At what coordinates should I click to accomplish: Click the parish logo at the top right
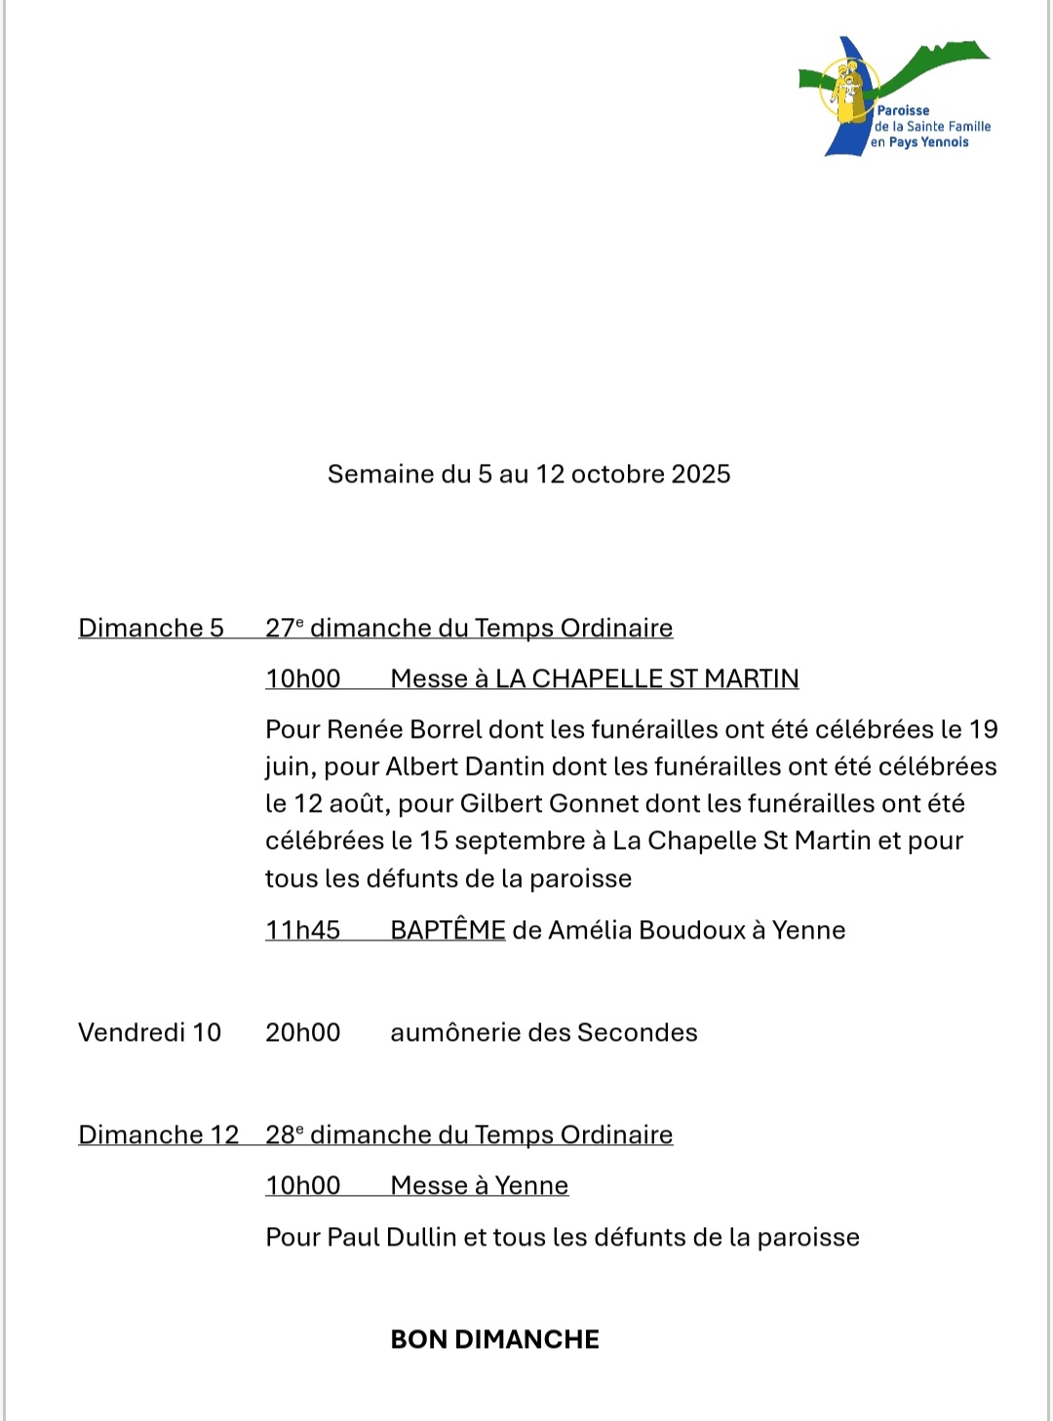[x=894, y=96]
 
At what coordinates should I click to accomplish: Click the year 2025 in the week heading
[x=700, y=475]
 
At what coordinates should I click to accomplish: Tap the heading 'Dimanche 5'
[x=151, y=629]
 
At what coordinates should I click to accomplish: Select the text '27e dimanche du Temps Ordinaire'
[x=469, y=629]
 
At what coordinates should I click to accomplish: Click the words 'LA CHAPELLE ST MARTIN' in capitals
[x=646, y=679]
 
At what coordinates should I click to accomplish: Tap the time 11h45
[x=302, y=931]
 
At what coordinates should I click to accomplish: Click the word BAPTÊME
[x=448, y=931]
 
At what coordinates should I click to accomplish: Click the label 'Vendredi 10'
[x=150, y=1033]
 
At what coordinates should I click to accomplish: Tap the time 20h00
[x=302, y=1033]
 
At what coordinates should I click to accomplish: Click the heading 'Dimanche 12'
[x=159, y=1135]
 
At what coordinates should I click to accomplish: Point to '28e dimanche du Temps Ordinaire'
[x=469, y=1135]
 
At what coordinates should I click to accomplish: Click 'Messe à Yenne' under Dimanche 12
[x=479, y=1186]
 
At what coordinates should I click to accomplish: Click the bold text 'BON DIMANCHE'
[x=494, y=1340]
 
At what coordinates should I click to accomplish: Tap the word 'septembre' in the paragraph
[x=519, y=841]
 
